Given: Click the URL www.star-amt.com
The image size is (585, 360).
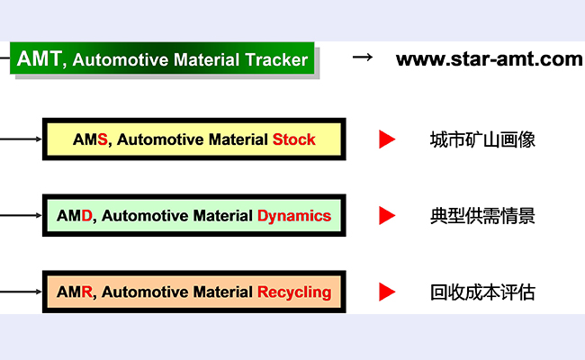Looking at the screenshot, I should pyautogui.click(x=489, y=59).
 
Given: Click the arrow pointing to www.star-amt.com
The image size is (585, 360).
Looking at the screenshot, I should pyautogui.click(x=362, y=58).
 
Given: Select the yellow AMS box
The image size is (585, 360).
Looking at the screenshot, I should pyautogui.click(x=193, y=139).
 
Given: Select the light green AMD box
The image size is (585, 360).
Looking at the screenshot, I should pyautogui.click(x=193, y=216).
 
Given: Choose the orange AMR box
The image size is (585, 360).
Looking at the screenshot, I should pyautogui.click(x=193, y=292).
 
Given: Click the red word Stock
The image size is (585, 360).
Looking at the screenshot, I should pyautogui.click(x=293, y=139).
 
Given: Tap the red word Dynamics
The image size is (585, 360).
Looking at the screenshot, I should pyautogui.click(x=294, y=216).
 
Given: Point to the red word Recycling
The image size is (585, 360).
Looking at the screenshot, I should pyautogui.click(x=294, y=292).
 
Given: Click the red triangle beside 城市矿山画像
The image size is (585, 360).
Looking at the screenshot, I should pyautogui.click(x=387, y=139).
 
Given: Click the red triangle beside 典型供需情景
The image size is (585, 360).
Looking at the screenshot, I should pyautogui.click(x=387, y=216).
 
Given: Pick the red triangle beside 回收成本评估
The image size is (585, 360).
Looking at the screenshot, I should pyautogui.click(x=387, y=292).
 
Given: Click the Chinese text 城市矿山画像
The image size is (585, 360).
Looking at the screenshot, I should pyautogui.click(x=482, y=140).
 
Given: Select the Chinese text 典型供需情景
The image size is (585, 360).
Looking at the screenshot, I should pyautogui.click(x=482, y=216).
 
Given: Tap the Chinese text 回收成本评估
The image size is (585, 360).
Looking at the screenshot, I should pyautogui.click(x=482, y=292).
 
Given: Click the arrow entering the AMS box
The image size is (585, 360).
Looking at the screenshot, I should pyautogui.click(x=22, y=139).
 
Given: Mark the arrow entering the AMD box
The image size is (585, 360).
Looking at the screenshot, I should pyautogui.click(x=22, y=216).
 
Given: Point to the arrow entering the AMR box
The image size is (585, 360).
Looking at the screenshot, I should pyautogui.click(x=22, y=292).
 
